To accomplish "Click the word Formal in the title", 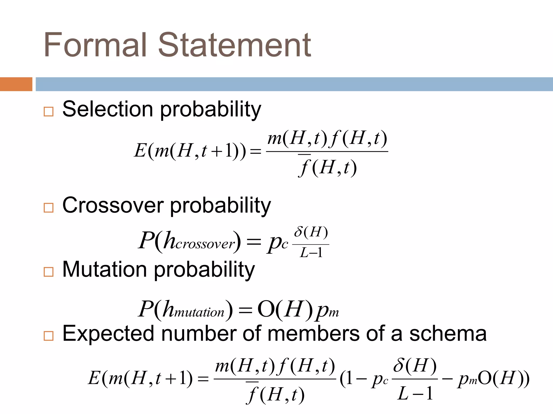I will click(95, 45).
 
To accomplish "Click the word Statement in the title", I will click(234, 45).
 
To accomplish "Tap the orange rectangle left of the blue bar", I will click(16, 84).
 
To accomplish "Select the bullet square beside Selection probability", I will click(49, 112).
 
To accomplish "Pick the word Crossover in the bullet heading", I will click(113, 205).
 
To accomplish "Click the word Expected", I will click(108, 334).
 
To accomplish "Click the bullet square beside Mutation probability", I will click(49, 272).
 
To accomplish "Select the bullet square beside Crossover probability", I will click(49, 208).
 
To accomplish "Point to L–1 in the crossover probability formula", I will click(311, 253).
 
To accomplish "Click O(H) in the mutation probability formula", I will click(285, 309).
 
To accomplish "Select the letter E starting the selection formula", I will click(140, 150).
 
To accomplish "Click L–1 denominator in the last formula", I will click(415, 394).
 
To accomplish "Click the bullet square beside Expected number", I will click(49, 336).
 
